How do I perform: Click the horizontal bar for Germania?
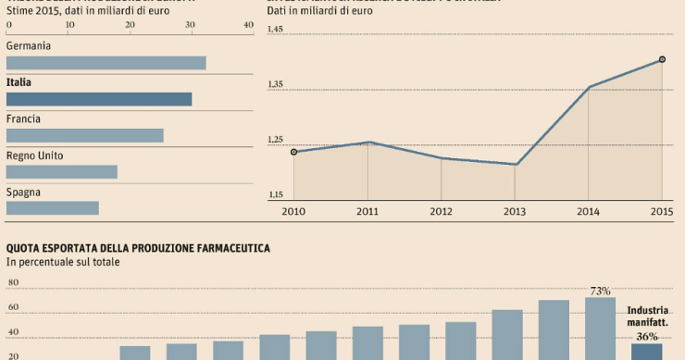106,63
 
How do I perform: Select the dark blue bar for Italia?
99,99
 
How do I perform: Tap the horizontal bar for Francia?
84,136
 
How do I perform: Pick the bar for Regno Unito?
61,172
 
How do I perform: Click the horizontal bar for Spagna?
52,208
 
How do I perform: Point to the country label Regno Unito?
34,155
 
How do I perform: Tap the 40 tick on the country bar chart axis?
248,25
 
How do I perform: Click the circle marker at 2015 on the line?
662,59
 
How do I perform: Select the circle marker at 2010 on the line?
293,152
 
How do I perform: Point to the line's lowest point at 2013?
515,165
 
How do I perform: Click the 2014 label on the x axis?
588,211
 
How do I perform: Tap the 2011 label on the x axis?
367,211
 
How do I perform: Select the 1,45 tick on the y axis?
276,31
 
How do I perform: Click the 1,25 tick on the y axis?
276,141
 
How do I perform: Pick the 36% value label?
646,336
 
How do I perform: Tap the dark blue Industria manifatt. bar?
646,353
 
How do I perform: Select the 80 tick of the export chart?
13,284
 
